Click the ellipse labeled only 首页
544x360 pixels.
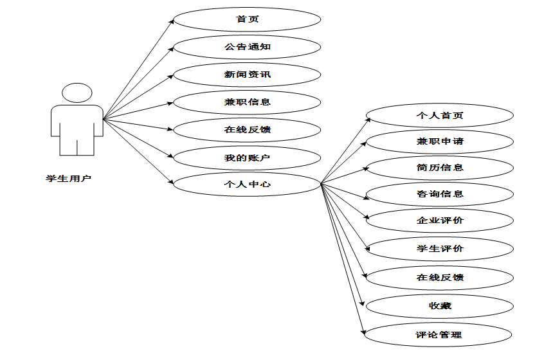coord(247,19)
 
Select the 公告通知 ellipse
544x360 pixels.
coord(247,47)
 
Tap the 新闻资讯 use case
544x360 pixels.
coord(247,75)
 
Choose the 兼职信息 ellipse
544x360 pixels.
coord(247,102)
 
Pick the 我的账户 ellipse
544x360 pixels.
coord(247,157)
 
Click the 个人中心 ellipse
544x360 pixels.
coord(247,184)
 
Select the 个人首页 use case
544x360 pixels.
coord(439,116)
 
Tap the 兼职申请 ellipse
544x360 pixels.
coord(439,141)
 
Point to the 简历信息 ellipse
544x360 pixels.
coord(439,168)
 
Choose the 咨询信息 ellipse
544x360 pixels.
coord(439,194)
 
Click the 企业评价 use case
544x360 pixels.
coord(439,221)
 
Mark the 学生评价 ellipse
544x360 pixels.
coord(439,249)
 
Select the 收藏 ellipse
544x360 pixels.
coord(439,306)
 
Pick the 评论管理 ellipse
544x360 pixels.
coord(439,335)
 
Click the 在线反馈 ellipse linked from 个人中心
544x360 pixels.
coord(439,278)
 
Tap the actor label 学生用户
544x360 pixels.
coord(69,178)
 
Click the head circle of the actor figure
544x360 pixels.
coord(77,93)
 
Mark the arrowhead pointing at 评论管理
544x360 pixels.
coord(364,332)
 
